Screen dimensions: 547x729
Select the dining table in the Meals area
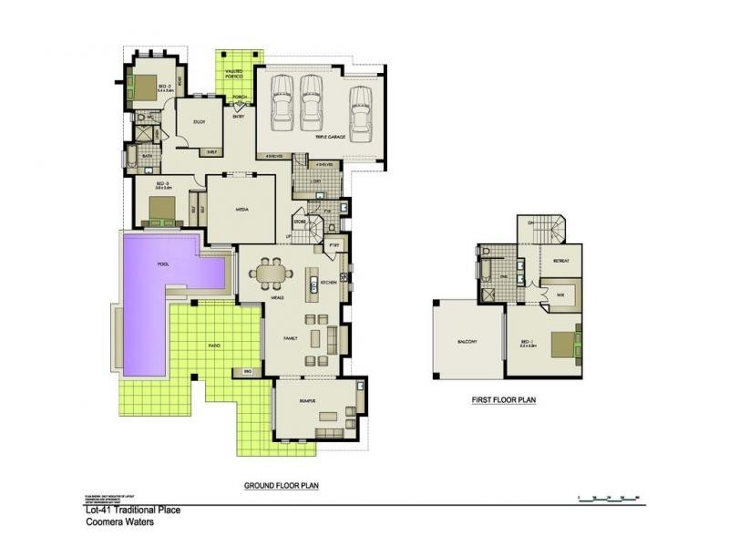tap(271, 273)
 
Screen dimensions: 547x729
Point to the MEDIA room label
tap(242, 209)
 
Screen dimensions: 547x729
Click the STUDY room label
tap(200, 121)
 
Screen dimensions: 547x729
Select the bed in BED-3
tap(161, 211)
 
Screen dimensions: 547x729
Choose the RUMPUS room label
tap(306, 400)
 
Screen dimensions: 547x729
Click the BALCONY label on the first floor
tap(468, 343)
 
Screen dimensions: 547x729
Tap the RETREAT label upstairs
tap(561, 261)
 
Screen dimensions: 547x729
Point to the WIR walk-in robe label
tap(559, 294)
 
